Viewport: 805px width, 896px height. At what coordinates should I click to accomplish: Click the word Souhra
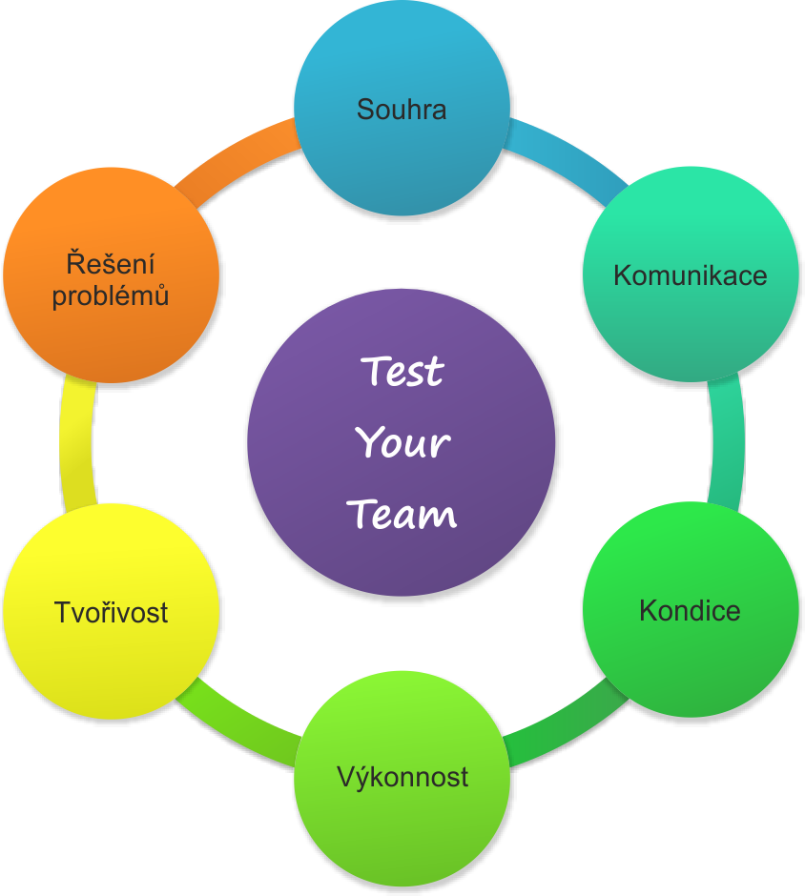[402, 110]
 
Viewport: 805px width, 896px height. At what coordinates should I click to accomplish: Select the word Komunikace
[690, 276]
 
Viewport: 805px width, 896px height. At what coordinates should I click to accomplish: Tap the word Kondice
[690, 610]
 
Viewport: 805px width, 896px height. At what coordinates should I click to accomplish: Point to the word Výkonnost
[402, 777]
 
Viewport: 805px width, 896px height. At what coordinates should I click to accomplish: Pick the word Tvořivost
[112, 612]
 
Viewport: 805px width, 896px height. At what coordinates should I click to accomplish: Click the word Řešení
[111, 263]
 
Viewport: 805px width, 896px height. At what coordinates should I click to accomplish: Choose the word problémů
[111, 295]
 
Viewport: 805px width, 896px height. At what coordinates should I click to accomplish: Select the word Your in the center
[402, 443]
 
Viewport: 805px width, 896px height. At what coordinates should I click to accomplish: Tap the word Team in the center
[402, 515]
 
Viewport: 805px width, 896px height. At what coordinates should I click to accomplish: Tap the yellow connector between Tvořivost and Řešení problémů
[77, 443]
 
